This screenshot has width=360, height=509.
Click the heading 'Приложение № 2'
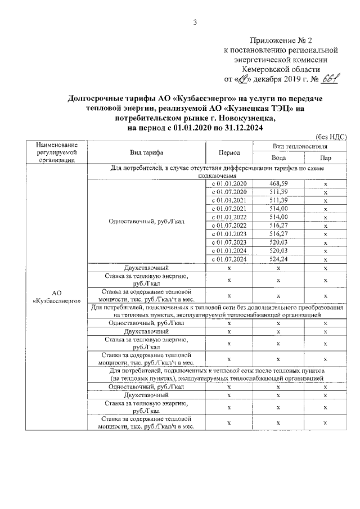tap(280, 41)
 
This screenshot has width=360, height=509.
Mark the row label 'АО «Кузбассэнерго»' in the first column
tap(56, 298)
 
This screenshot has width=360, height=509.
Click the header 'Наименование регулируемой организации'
tap(56, 152)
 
